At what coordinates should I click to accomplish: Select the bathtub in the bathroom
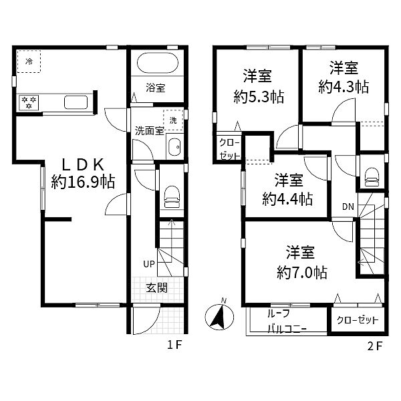click(x=157, y=65)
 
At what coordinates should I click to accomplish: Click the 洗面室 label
click(x=149, y=130)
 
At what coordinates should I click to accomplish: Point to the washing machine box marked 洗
click(x=173, y=120)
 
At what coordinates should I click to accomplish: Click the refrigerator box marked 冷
click(x=29, y=61)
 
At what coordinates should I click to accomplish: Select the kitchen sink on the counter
click(x=74, y=102)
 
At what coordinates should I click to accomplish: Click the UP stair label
click(x=148, y=264)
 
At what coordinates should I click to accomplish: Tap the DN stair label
click(x=348, y=207)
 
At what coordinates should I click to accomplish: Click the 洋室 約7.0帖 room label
click(x=301, y=262)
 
